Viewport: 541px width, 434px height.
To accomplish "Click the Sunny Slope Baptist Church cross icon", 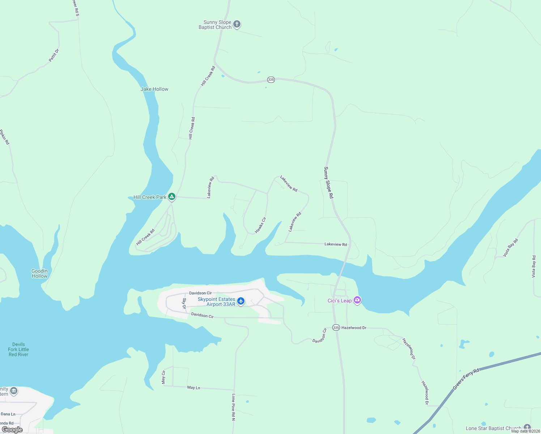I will (x=237, y=24).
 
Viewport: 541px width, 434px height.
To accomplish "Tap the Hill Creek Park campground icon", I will (x=172, y=197).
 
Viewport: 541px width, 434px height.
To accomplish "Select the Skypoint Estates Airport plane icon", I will (x=241, y=301).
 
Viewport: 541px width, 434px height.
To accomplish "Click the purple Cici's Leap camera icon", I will (x=357, y=300).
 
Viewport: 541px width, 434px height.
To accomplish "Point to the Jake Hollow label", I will (x=154, y=89).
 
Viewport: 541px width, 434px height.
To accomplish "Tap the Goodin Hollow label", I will (x=39, y=273).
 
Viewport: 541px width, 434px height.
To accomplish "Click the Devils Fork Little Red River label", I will (x=18, y=349).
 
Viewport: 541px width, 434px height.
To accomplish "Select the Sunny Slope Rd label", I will (x=328, y=182).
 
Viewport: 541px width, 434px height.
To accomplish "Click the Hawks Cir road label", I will (x=260, y=225).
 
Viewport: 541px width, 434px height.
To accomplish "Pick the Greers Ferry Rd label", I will (x=466, y=379).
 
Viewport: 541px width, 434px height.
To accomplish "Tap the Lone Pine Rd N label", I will (x=234, y=407).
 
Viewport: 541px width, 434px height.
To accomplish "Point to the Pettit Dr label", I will (x=54, y=55).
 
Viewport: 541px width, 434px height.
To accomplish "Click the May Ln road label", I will (x=193, y=388).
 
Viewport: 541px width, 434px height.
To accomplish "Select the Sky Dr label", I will (x=184, y=303).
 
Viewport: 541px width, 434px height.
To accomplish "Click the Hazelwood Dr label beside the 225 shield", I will (x=354, y=328).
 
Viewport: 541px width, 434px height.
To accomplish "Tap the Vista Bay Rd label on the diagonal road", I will (x=511, y=248).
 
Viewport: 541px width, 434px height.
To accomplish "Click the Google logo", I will (x=12, y=430).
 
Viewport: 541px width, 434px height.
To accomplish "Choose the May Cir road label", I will (x=163, y=377).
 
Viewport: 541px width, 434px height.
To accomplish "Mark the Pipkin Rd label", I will (x=4, y=137).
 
